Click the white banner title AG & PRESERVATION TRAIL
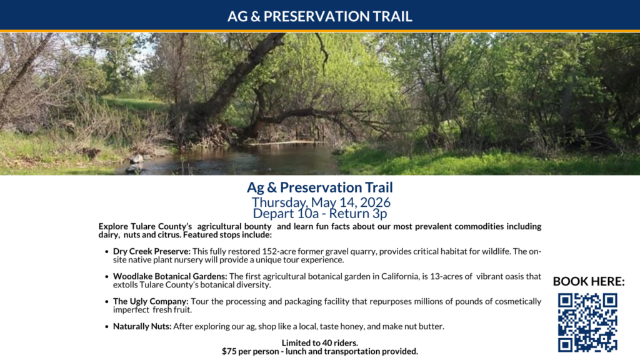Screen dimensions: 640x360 point(319,16)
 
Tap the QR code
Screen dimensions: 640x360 point(587,322)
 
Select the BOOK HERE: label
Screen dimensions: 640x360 point(589,281)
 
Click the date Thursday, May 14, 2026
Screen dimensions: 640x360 point(321,202)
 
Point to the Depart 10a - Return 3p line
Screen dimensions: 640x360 point(319,214)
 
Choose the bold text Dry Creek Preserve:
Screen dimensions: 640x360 point(152,251)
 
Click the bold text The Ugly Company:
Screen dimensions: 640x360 point(151,301)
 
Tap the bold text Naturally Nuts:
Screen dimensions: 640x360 point(142,326)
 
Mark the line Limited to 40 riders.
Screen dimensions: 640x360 point(319,343)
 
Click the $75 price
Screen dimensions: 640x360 point(229,351)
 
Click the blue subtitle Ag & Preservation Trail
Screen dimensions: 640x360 point(319,187)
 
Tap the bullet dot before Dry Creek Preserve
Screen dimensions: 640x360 point(106,252)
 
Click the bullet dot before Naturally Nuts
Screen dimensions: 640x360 point(106,327)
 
